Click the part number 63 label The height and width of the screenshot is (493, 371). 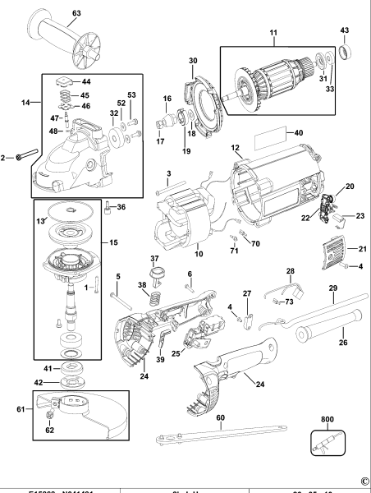pyautogui.click(x=76, y=13)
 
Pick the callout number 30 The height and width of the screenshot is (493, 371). pyautogui.click(x=193, y=60)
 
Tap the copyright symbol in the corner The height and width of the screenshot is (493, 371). pyautogui.click(x=364, y=481)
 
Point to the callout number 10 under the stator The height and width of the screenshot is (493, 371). pyautogui.click(x=197, y=246)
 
